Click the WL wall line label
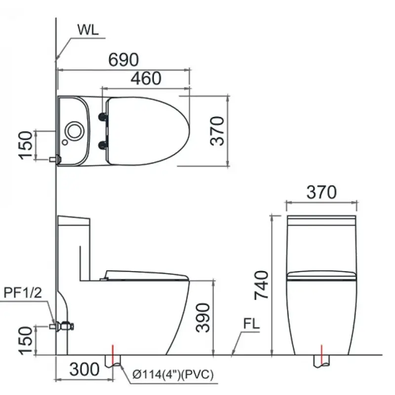[88, 30]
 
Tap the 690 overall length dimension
[123, 60]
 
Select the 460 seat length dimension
[146, 78]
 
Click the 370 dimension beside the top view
[217, 131]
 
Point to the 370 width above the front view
[321, 192]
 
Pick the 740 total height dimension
[262, 285]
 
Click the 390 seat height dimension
[202, 317]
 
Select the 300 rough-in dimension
[84, 370]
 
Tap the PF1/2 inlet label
[23, 293]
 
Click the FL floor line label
[251, 324]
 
